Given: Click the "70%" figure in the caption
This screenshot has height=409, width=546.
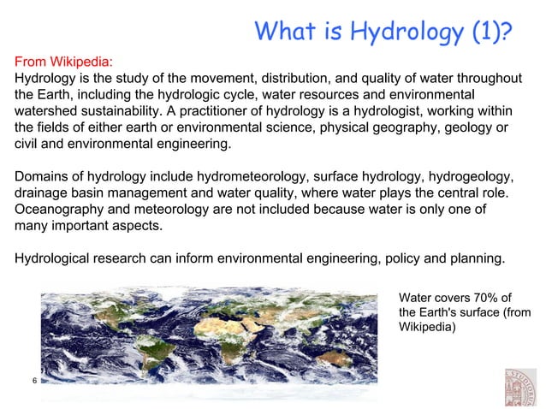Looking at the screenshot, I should (x=479, y=297).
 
